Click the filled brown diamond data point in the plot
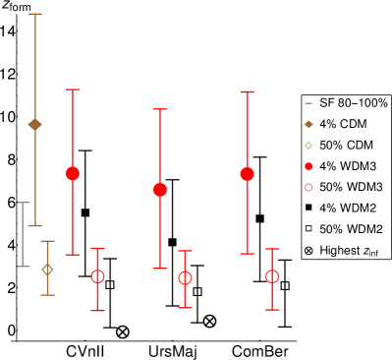(x=35, y=124)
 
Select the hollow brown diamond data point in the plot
(x=47, y=269)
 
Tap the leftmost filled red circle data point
(x=73, y=173)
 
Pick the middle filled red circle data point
(x=160, y=189)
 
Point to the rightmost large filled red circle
(x=247, y=174)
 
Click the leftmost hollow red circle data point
(x=97, y=276)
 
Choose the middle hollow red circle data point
(x=185, y=278)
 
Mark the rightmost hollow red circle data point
(x=272, y=276)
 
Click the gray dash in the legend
(x=308, y=103)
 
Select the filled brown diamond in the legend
(x=308, y=124)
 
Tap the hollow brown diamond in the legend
(x=308, y=146)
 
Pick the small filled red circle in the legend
(x=308, y=166)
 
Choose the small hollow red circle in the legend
(x=308, y=187)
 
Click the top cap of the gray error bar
(x=24, y=203)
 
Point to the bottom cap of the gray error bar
(x=24, y=266)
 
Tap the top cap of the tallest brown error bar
(x=35, y=14)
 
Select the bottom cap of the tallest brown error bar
(x=35, y=225)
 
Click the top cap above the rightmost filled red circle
(x=247, y=92)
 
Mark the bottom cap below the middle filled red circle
(x=160, y=268)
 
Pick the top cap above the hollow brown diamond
(x=47, y=241)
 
